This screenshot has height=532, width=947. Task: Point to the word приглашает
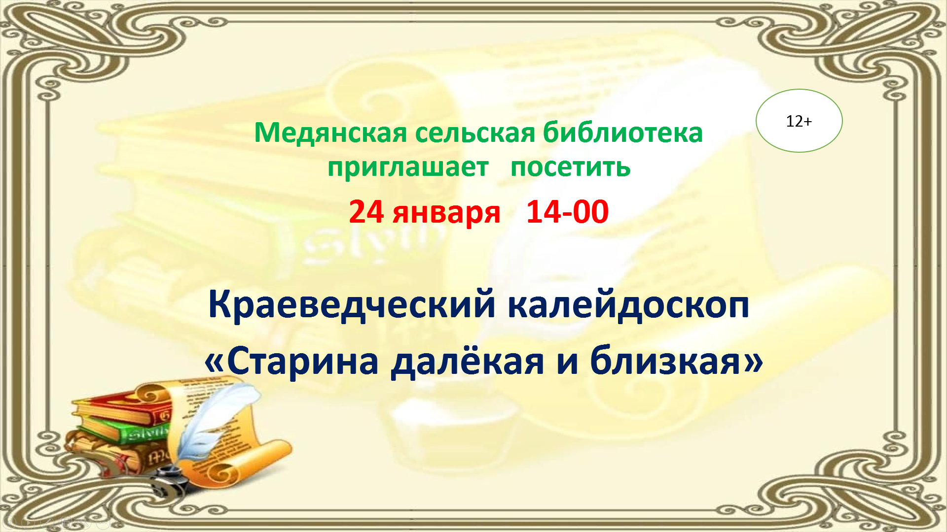(408, 167)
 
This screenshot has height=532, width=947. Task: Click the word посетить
(570, 167)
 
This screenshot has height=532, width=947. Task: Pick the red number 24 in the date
(366, 212)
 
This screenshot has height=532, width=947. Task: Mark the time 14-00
(567, 212)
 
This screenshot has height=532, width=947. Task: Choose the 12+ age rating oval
(799, 121)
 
